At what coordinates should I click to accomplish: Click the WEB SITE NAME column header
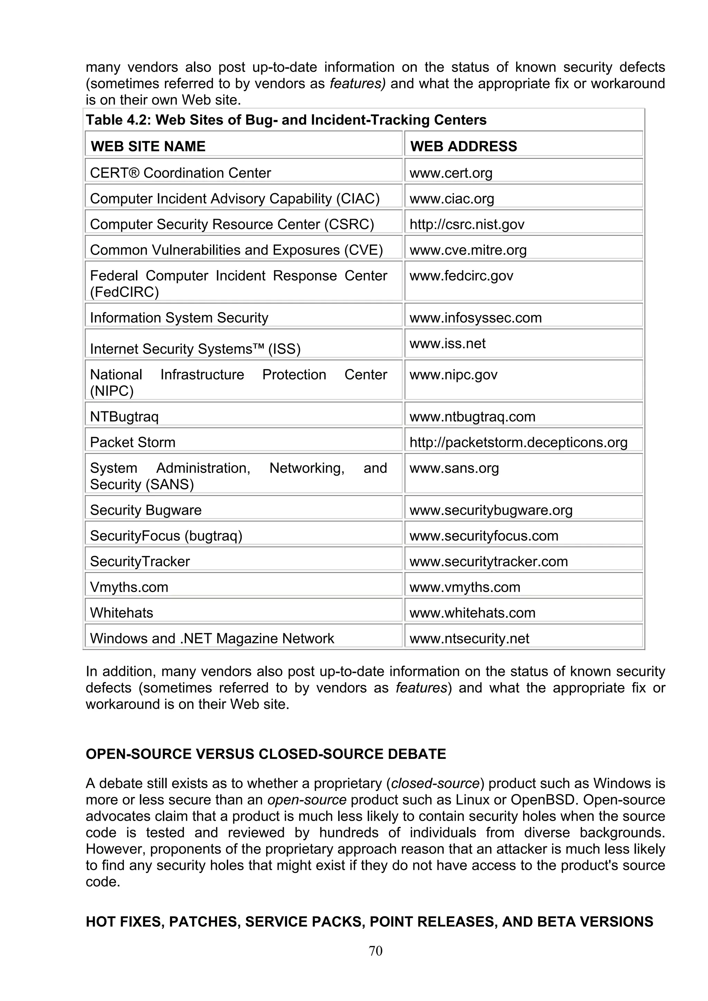(148, 146)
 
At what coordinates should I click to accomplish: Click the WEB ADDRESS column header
(463, 146)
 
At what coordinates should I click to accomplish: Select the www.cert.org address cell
(451, 173)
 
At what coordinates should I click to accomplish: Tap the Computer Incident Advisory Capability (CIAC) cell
(235, 199)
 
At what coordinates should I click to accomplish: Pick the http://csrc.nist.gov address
(466, 225)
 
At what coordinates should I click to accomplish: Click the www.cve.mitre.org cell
(468, 250)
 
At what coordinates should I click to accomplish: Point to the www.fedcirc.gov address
(461, 276)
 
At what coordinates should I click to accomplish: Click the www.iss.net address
(447, 344)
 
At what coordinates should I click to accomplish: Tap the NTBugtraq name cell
(124, 417)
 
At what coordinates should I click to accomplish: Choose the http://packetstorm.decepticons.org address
(518, 442)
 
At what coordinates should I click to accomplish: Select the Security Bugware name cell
(146, 510)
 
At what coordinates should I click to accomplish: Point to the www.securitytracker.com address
(488, 562)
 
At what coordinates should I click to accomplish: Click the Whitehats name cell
(122, 613)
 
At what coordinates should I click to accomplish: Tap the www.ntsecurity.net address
(469, 639)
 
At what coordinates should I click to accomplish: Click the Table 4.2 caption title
(286, 120)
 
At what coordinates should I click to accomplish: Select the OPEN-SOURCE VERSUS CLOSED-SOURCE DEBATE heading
(265, 754)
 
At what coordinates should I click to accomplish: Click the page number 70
(375, 951)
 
